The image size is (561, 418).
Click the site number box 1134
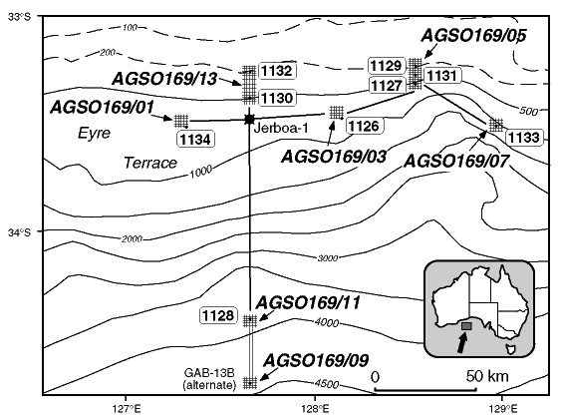[x=195, y=139]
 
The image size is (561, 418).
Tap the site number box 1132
[x=277, y=71]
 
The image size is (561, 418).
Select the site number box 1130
[x=277, y=98]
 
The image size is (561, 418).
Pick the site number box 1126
[x=364, y=126]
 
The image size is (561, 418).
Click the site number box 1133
[x=524, y=138]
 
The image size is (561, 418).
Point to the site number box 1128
[x=218, y=315]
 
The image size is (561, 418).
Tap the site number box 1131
[x=441, y=76]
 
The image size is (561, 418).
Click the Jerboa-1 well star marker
[x=249, y=120]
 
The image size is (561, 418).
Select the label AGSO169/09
[x=316, y=360]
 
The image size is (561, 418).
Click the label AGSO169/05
[x=473, y=36]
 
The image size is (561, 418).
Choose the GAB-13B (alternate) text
[x=209, y=379]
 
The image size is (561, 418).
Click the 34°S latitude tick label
[x=20, y=232]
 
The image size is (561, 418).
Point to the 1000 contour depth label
[x=200, y=173]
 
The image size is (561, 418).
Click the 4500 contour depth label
[x=327, y=384]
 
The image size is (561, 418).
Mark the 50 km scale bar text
[x=487, y=376]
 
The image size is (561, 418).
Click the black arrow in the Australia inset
[x=463, y=341]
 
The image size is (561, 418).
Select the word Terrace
[x=150, y=163]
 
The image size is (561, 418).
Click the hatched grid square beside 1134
[x=181, y=121]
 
